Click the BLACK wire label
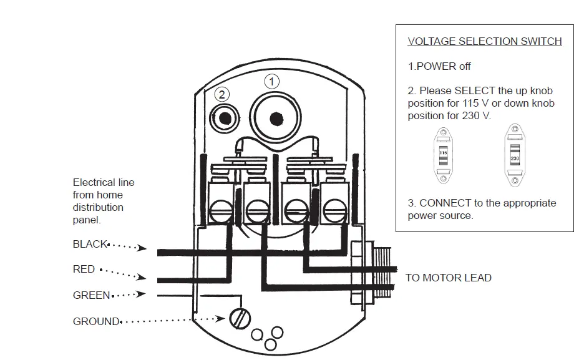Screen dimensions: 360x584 (90, 244)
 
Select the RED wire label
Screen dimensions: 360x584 (84, 269)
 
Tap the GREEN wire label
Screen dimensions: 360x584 (91, 295)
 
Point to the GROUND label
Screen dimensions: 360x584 (96, 321)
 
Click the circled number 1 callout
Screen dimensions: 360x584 (271, 81)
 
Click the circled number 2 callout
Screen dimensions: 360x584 (222, 95)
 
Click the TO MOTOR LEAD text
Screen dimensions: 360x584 (448, 278)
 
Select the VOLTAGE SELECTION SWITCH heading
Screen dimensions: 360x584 (484, 42)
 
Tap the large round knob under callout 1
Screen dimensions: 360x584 (275, 119)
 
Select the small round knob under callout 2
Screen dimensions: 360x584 (224, 117)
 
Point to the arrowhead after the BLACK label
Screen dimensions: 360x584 (142, 248)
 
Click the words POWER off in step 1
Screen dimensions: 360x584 (443, 66)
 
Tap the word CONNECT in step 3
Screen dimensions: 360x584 (445, 203)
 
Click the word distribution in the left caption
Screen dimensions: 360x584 (98, 207)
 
